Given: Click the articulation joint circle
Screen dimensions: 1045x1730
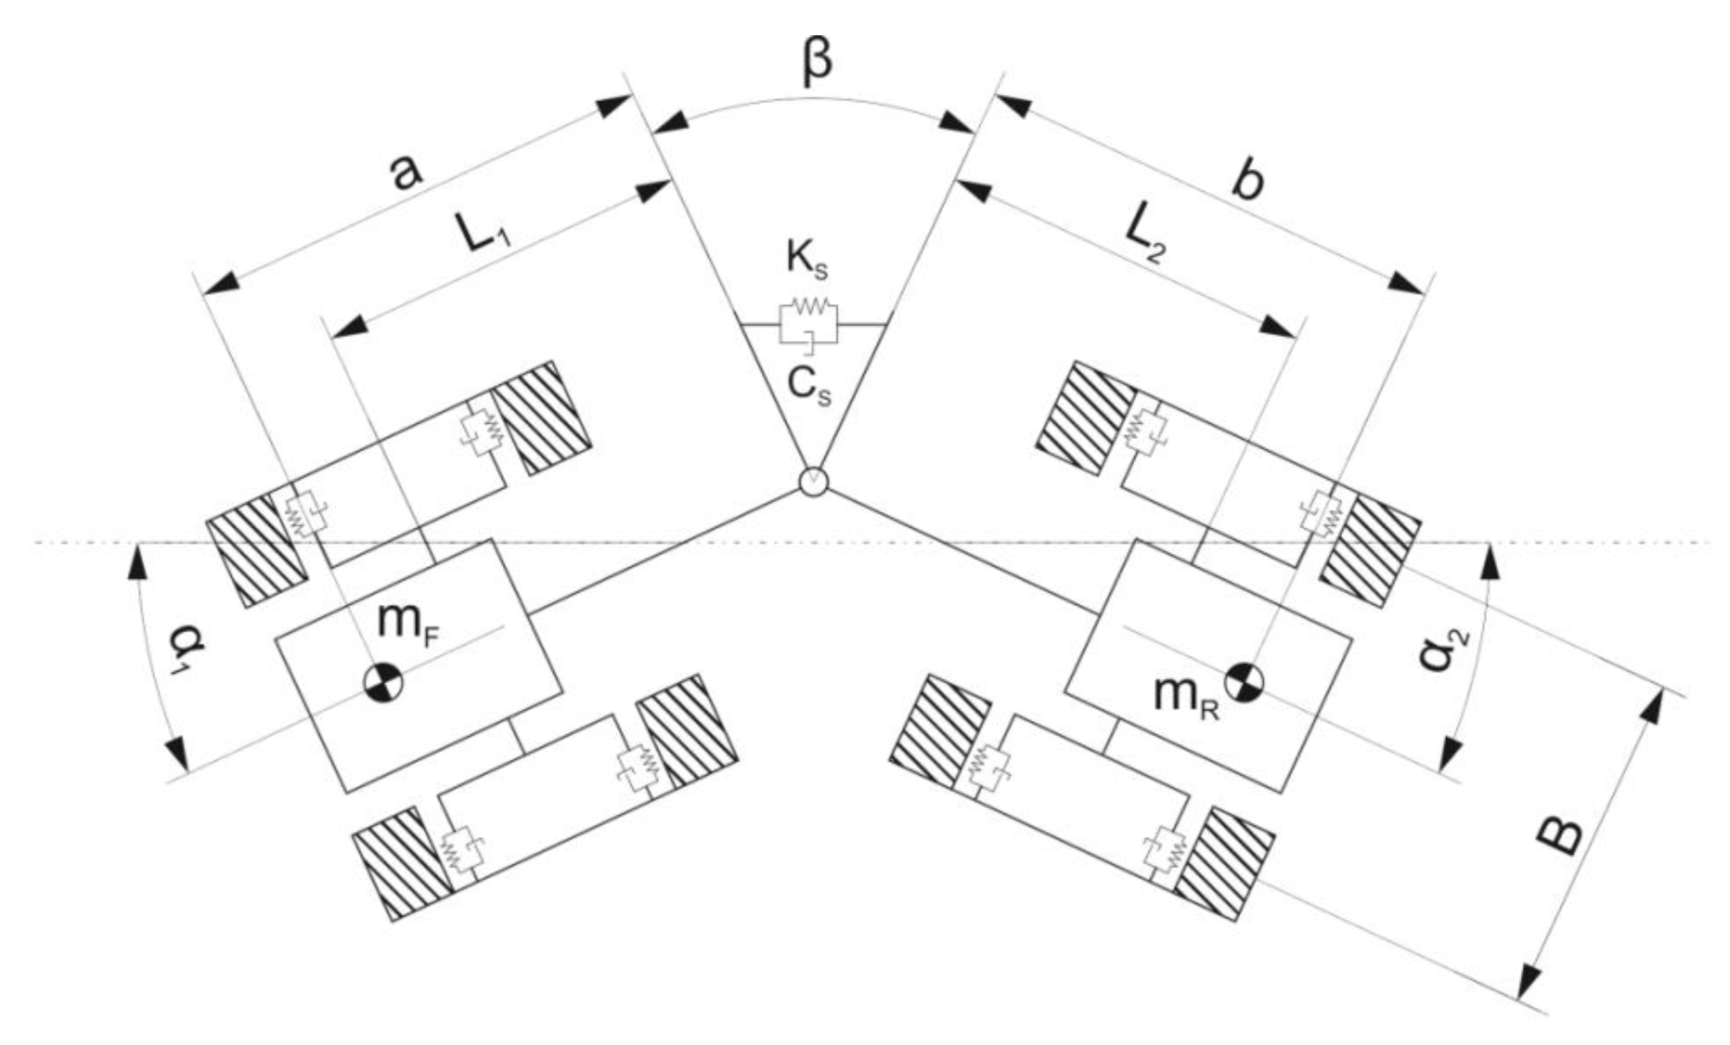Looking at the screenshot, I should tap(814, 482).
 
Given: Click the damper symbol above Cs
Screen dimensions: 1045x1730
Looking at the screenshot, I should tap(809, 340).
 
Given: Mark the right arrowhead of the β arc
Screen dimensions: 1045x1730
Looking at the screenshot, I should tap(959, 122).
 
